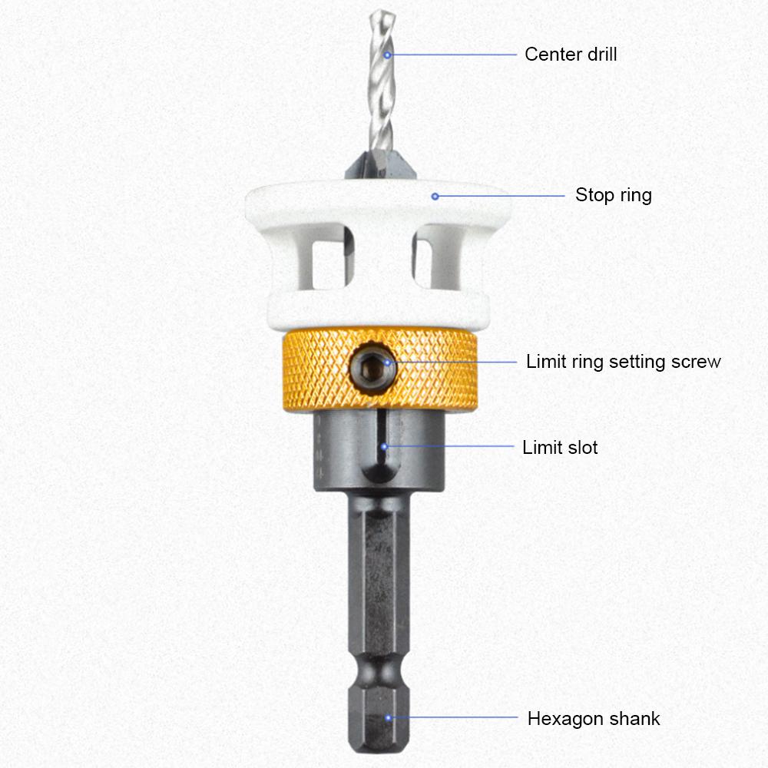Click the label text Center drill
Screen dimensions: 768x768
[x=570, y=55]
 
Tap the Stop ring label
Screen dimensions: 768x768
[x=613, y=195]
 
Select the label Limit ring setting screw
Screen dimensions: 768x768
[x=623, y=362]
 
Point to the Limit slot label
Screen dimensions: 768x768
[x=560, y=447]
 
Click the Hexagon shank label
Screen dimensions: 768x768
[x=593, y=719]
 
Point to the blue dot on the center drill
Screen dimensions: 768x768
[x=388, y=55]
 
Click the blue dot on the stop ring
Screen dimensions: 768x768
[x=435, y=196]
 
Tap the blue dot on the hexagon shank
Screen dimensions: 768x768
[x=389, y=719]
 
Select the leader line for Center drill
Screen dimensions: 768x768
[x=453, y=55]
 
